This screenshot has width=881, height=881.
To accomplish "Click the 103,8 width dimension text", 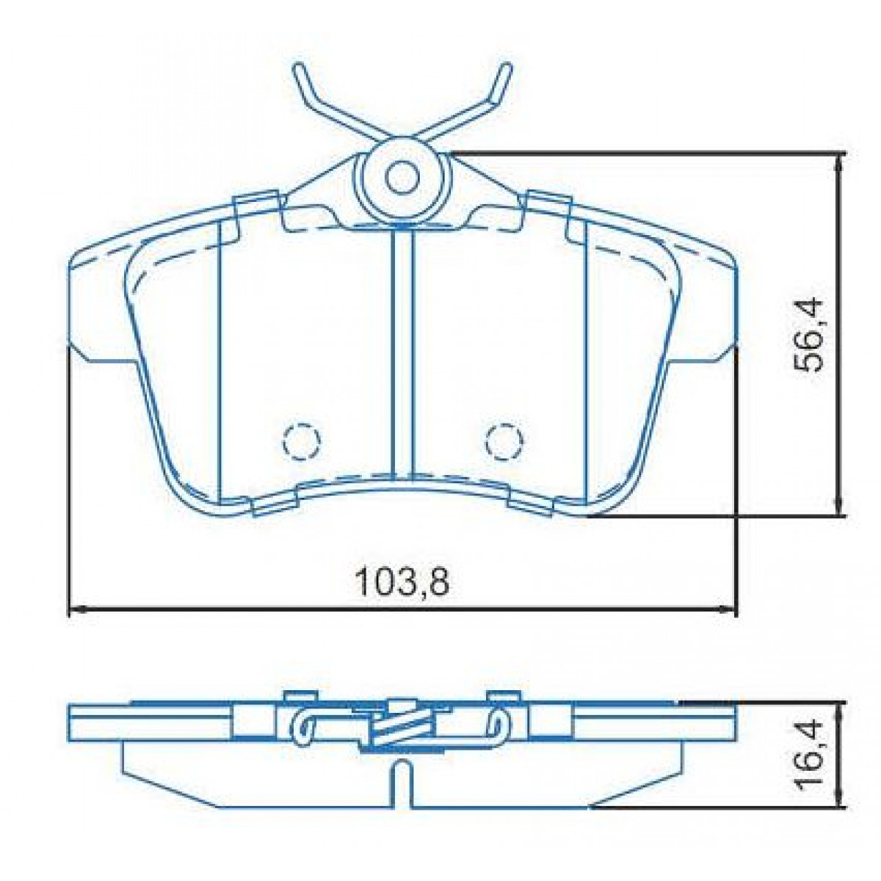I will tap(401, 584).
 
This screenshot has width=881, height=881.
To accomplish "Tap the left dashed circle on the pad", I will tap(302, 440).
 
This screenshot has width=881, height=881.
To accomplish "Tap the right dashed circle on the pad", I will tap(505, 440).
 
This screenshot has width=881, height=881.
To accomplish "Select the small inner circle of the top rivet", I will tap(401, 176).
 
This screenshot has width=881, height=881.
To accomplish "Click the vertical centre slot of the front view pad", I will tap(402, 352).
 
